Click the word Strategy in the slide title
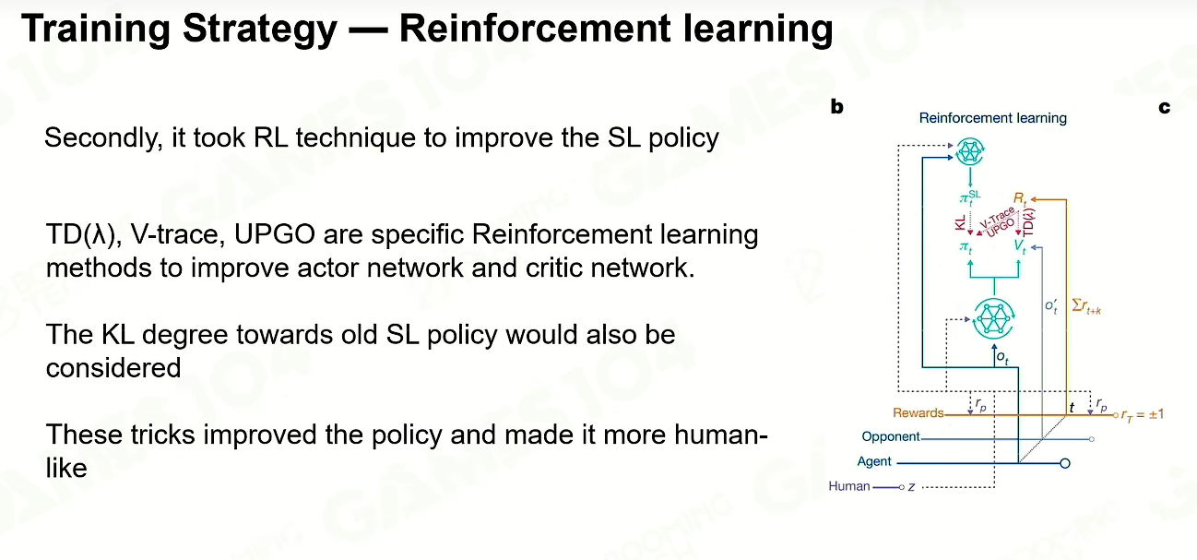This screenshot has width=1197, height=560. pyautogui.click(x=260, y=30)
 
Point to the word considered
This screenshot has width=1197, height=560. pyautogui.click(x=113, y=367)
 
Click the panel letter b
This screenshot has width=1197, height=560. pyautogui.click(x=836, y=107)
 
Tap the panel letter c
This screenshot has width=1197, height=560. pyautogui.click(x=1165, y=107)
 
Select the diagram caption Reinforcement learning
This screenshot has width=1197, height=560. pyautogui.click(x=993, y=118)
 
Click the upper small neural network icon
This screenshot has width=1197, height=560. pyautogui.click(x=970, y=151)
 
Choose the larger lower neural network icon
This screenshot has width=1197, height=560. pyautogui.click(x=993, y=318)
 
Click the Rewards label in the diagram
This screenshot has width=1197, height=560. pyautogui.click(x=918, y=413)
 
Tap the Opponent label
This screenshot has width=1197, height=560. pyautogui.click(x=891, y=437)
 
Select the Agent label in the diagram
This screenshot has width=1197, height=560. pyautogui.click(x=874, y=461)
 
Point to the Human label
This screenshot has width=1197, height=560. pyautogui.click(x=849, y=486)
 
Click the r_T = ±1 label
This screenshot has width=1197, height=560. pyautogui.click(x=1143, y=414)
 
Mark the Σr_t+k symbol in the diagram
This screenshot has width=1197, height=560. pyautogui.click(x=1086, y=306)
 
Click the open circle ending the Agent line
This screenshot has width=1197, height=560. pyautogui.click(x=1065, y=463)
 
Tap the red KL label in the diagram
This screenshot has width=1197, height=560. pyautogui.click(x=961, y=222)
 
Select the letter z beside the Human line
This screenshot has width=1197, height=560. pyautogui.click(x=912, y=487)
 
